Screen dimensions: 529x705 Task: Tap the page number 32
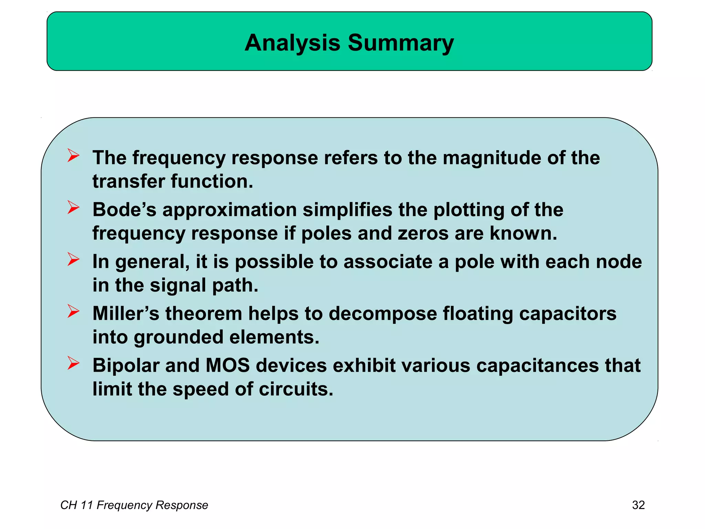click(x=638, y=505)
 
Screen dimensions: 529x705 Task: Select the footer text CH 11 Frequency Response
click(x=134, y=505)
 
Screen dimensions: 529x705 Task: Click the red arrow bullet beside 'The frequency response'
click(x=73, y=155)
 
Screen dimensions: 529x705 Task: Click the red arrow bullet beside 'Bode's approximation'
click(x=73, y=207)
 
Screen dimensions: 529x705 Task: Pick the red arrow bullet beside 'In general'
click(x=73, y=259)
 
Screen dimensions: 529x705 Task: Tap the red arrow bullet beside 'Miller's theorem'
click(x=73, y=311)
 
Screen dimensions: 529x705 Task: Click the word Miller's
click(x=126, y=314)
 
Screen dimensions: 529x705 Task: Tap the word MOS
click(x=228, y=365)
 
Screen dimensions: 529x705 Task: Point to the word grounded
click(x=178, y=337)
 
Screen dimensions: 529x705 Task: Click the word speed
click(x=201, y=389)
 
